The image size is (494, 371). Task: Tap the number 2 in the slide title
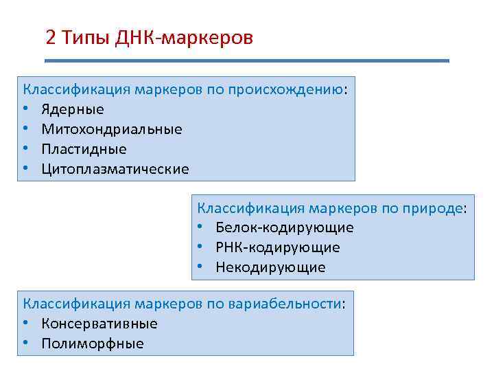coord(50,37)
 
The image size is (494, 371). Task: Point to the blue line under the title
coord(247,61)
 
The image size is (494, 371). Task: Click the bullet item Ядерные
coord(72,109)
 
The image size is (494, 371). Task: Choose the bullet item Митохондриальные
coord(111,129)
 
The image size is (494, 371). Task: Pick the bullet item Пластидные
coord(84,149)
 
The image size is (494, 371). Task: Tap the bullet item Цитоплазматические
coord(115,169)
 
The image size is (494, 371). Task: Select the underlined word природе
coord(438,208)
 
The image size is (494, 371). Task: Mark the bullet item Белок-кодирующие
coord(284,227)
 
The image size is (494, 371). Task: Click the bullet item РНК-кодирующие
coord(277,247)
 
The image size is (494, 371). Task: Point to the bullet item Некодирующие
coord(270,267)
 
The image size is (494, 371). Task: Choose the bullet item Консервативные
coord(99,323)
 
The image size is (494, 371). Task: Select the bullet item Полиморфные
coord(92,344)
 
